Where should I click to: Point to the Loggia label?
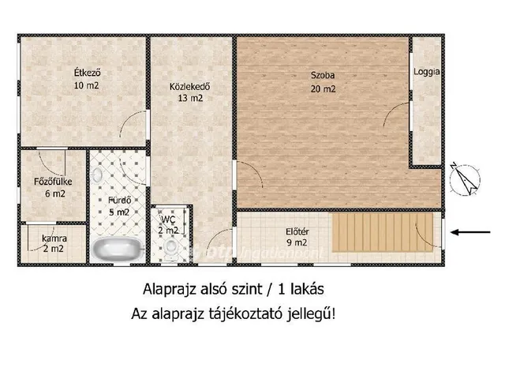tap(426, 72)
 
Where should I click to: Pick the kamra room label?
tap(54, 238)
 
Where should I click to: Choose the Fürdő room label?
tap(118, 200)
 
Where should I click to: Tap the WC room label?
tap(168, 220)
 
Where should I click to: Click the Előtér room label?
tap(297, 231)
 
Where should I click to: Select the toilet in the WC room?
tap(171, 248)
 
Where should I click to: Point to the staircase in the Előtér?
tap(382, 230)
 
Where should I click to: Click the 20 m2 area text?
tap(323, 89)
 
